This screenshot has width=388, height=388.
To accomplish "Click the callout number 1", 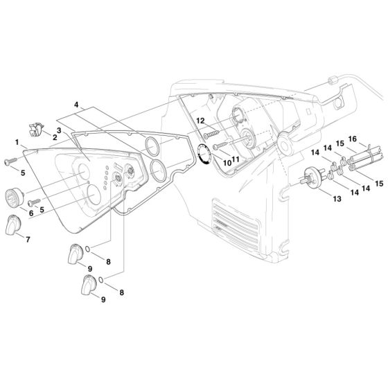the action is click(x=17, y=142).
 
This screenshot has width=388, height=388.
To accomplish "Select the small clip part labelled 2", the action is click(x=36, y=129).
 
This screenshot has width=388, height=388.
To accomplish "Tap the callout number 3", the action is click(x=59, y=130).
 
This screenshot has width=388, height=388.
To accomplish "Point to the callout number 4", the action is click(x=76, y=105).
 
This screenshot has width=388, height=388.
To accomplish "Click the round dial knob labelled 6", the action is click(x=14, y=197).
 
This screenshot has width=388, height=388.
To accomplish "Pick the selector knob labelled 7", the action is click(x=13, y=225).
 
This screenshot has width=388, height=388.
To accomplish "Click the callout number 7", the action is click(x=28, y=239).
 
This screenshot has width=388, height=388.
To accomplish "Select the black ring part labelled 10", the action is click(x=205, y=155).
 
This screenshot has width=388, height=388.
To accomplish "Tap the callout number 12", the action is click(x=200, y=121).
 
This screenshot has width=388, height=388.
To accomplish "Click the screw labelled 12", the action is click(x=211, y=134).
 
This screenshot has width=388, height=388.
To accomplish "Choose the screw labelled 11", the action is click(x=220, y=145).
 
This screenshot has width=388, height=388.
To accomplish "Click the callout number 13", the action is click(x=337, y=199).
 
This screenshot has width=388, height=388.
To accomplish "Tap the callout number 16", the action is click(x=353, y=139).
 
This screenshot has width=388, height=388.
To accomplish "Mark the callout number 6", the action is click(x=31, y=213).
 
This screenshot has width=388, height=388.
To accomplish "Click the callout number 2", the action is click(x=55, y=137).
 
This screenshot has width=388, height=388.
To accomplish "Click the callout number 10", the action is click(x=227, y=163).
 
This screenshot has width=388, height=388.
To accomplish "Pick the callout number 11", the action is click(x=235, y=159).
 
